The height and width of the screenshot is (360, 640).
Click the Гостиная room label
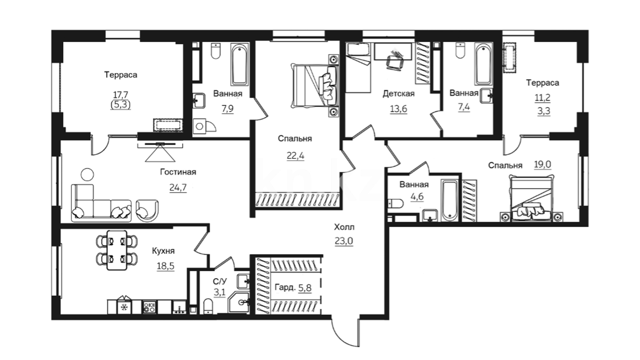[178, 172]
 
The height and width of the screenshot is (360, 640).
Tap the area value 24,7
[178, 188]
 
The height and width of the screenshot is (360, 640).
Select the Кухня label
[163, 251]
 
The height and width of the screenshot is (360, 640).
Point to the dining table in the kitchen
[117, 250]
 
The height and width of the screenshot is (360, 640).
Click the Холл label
[344, 227]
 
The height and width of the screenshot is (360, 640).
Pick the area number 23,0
[344, 241]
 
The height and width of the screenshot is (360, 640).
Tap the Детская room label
[398, 94]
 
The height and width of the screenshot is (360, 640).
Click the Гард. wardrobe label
[285, 287]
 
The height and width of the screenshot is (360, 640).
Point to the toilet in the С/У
[208, 306]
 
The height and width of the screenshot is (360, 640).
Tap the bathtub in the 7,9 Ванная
[240, 64]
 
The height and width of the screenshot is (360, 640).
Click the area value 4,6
[417, 197]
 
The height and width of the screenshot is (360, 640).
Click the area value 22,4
[295, 156]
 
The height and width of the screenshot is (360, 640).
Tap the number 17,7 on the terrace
[120, 95]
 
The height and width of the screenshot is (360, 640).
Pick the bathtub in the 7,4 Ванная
[484, 64]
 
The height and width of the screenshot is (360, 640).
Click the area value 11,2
[543, 98]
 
